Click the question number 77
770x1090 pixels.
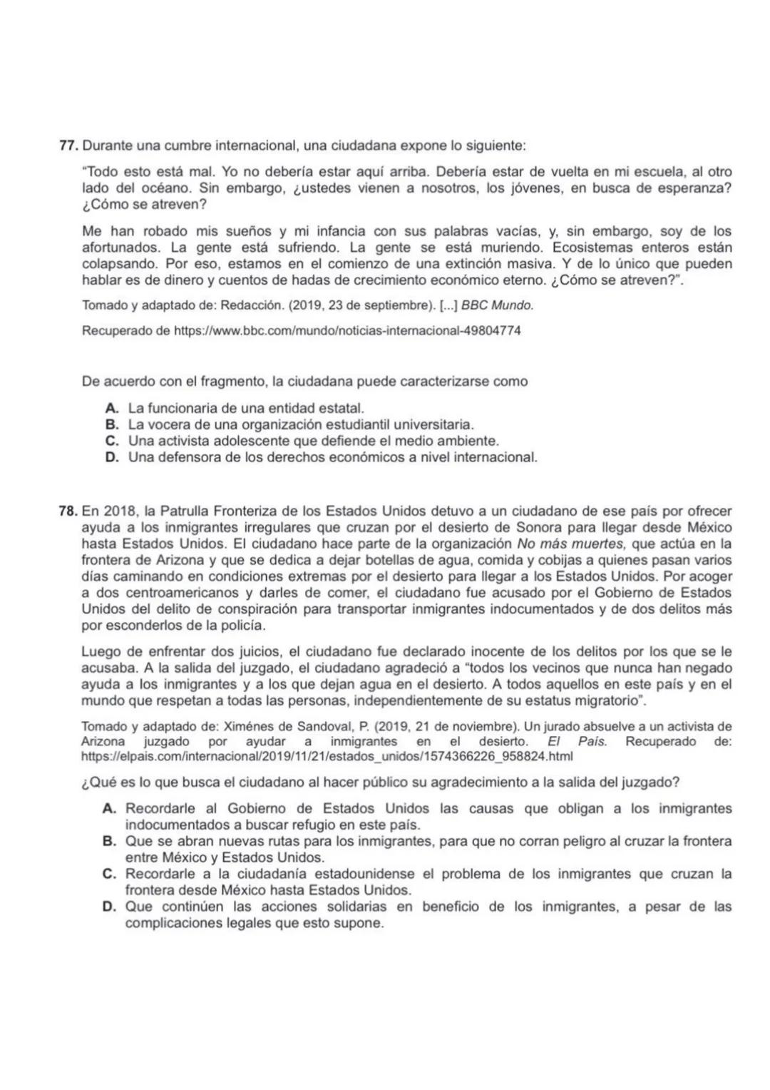[x=68, y=146]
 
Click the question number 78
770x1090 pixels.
[x=68, y=511]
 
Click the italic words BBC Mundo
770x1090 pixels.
[x=497, y=305]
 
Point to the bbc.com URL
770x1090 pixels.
[x=347, y=331]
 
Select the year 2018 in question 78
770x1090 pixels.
[x=120, y=511]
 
